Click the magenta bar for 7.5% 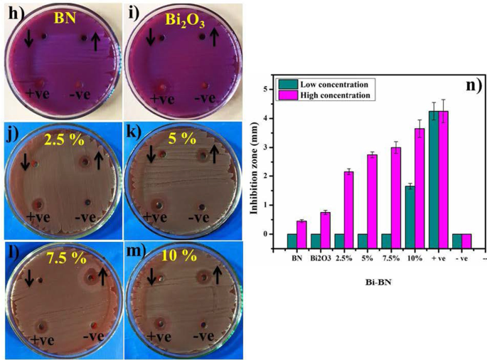coord(396,191)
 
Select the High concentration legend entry coord(324,94)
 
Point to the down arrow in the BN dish coord(28,41)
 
